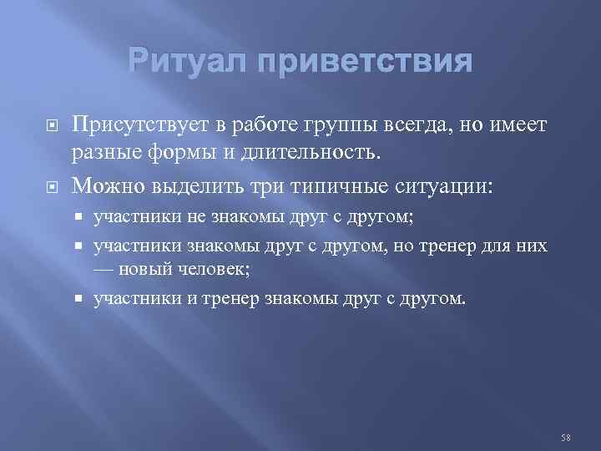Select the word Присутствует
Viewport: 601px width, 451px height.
click(138, 124)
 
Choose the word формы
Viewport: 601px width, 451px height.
click(189, 151)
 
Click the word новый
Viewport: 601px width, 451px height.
click(146, 269)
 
